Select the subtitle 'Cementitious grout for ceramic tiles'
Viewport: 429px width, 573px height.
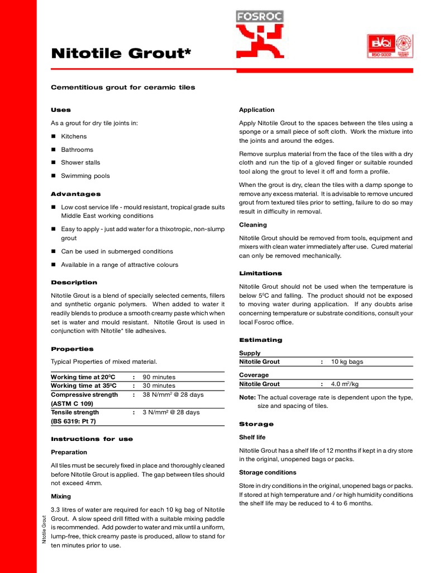(123, 87)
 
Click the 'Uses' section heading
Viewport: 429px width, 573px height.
(61, 110)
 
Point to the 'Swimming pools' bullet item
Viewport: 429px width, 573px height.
(85, 176)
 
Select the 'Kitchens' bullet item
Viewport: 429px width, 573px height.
(74, 137)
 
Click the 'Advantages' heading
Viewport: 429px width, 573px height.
(76, 194)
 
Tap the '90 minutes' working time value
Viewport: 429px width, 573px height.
(159, 377)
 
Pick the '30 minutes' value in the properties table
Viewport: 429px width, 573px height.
(159, 386)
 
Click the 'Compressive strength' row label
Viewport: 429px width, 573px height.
(84, 394)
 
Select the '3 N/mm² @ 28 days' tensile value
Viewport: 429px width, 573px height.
(171, 412)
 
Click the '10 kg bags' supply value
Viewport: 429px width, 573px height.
(347, 361)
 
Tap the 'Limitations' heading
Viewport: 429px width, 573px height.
(260, 274)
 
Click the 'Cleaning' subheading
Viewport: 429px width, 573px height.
(253, 225)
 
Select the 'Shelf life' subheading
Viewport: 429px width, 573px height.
(252, 437)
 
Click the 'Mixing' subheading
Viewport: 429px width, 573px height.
(61, 496)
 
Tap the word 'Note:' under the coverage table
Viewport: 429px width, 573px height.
(247, 397)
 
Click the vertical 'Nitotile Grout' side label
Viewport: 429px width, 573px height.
(44, 529)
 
